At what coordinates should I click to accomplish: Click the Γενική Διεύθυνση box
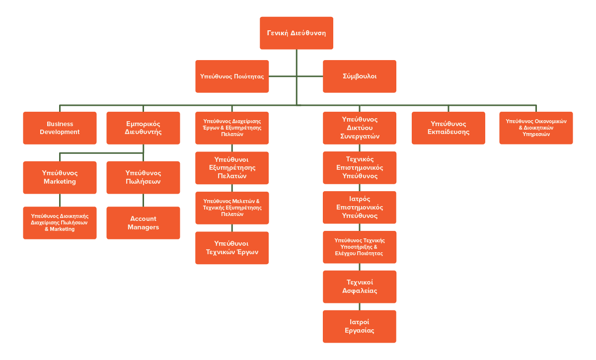click(297, 33)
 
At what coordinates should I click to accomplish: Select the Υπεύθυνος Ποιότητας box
click(232, 76)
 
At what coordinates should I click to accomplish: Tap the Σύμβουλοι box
click(360, 76)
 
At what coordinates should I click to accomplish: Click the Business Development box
click(60, 128)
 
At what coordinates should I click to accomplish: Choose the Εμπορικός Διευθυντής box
click(143, 128)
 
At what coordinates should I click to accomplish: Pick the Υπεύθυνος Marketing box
click(60, 177)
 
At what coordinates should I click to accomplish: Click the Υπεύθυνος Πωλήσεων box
click(143, 177)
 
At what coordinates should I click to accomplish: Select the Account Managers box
click(143, 223)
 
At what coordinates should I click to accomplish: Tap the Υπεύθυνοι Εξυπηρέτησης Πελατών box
click(232, 168)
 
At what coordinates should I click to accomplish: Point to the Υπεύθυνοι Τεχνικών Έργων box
click(232, 248)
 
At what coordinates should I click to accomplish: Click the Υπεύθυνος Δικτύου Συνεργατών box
click(360, 128)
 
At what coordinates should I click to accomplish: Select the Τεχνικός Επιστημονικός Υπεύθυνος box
click(360, 168)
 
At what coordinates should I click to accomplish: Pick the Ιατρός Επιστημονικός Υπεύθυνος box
click(360, 208)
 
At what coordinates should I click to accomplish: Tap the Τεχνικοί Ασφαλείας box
click(360, 287)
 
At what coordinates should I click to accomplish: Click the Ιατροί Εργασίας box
click(360, 326)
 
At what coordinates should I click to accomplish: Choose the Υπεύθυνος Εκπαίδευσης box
click(448, 128)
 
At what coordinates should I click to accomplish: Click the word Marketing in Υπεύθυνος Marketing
click(60, 182)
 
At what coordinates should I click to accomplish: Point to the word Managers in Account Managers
click(143, 227)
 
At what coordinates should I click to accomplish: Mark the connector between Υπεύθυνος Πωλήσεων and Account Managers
click(143, 200)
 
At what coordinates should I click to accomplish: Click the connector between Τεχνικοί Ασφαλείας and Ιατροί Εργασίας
click(360, 306)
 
